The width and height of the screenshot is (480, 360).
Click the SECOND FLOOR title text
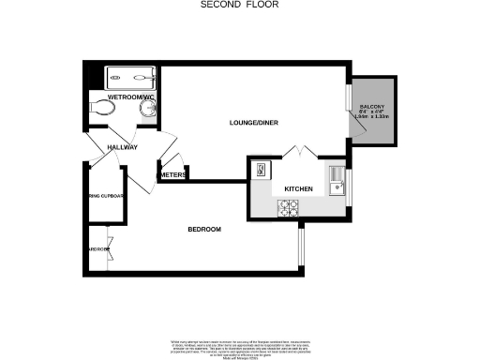pyautogui.click(x=239, y=5)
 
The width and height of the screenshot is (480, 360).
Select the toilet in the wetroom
pyautogui.click(x=100, y=110)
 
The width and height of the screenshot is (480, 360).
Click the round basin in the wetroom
pyautogui.click(x=148, y=109)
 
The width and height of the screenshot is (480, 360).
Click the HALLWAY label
pyautogui.click(x=122, y=147)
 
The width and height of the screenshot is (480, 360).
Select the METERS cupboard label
pyautogui.click(x=173, y=175)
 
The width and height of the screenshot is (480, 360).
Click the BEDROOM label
pyautogui.click(x=203, y=230)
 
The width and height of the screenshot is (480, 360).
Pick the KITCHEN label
pyautogui.click(x=298, y=189)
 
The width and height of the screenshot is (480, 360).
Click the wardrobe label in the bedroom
pyautogui.click(x=97, y=249)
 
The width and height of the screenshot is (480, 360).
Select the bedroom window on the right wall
pyautogui.click(x=300, y=246)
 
